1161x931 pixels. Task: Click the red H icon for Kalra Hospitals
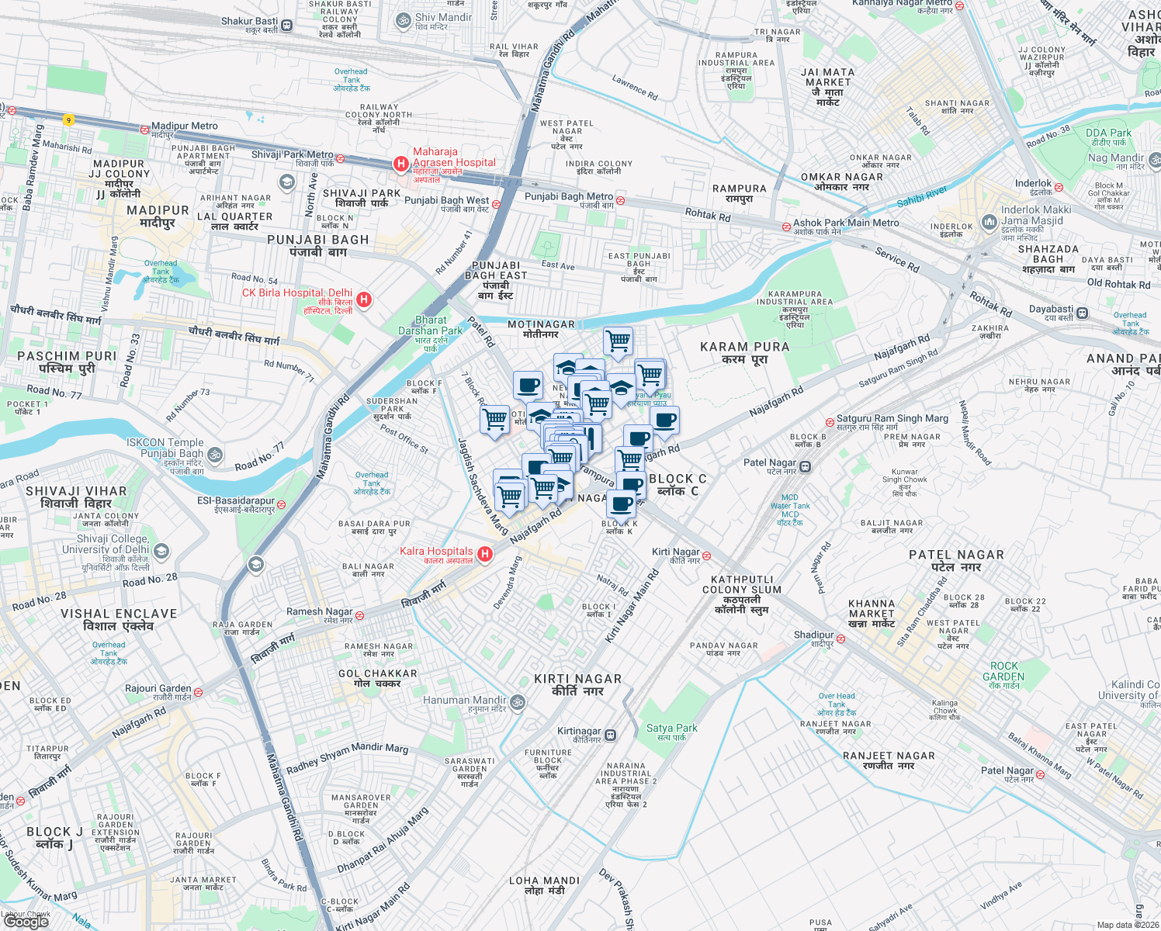click(485, 554)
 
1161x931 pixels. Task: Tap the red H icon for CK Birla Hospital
click(363, 299)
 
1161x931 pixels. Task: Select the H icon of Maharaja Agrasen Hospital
click(400, 164)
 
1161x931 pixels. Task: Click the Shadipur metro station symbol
click(840, 639)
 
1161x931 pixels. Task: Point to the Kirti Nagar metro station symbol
click(706, 556)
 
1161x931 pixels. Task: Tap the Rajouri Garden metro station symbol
click(198, 692)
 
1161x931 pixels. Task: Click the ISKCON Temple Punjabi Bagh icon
click(215, 455)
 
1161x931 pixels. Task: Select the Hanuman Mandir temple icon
click(518, 703)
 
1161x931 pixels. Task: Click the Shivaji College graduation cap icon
click(161, 552)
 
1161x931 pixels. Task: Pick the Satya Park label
click(671, 732)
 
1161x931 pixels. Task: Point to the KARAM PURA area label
click(744, 353)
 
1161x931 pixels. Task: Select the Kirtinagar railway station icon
click(611, 735)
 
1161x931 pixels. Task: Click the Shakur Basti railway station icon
click(287, 25)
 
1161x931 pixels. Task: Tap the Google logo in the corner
click(26, 921)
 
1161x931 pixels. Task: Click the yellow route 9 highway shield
click(69, 119)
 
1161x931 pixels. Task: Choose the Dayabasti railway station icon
click(1082, 313)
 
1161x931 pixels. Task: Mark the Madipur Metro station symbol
click(144, 130)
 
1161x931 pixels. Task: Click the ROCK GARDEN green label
click(1003, 671)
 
